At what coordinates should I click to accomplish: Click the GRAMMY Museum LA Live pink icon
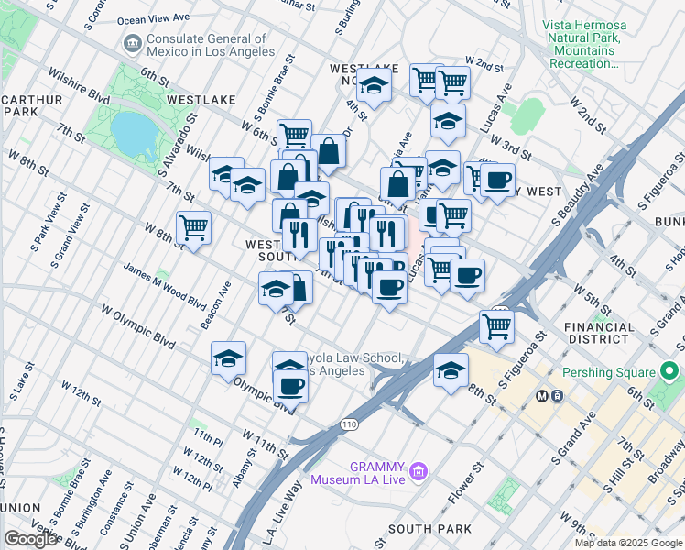point(419,471)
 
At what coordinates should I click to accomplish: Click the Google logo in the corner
point(31,538)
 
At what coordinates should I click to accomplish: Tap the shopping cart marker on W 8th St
point(193,226)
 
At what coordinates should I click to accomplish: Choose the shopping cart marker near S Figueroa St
point(496,325)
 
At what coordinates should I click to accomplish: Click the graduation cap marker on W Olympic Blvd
point(228,358)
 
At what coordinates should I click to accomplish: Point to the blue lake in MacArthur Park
point(134,134)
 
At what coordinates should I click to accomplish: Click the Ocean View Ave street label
point(153,17)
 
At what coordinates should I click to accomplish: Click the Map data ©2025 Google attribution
point(627,543)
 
